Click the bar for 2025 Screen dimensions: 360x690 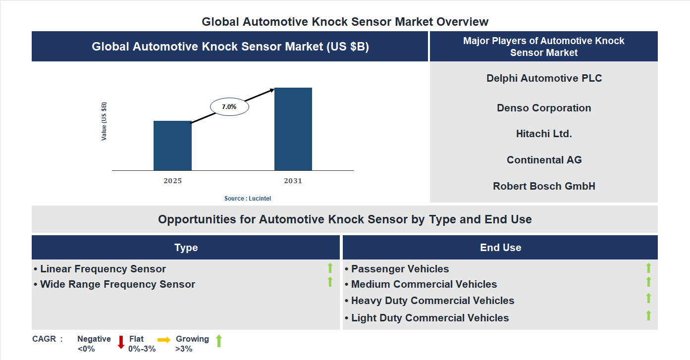(x=172, y=146)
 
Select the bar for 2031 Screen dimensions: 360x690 (x=293, y=129)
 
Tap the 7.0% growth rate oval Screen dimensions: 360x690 (x=229, y=106)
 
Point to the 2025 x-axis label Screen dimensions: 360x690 (x=173, y=181)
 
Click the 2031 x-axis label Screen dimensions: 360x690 (x=293, y=181)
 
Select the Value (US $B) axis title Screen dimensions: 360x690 (x=104, y=121)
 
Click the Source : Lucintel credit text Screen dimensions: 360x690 (x=248, y=199)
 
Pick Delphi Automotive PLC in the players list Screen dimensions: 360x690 (x=544, y=78)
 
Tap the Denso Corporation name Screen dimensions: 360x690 (x=544, y=108)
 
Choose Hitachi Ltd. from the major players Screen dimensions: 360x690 (x=544, y=134)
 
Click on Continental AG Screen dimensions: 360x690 (x=544, y=160)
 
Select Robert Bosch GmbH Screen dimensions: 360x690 (x=544, y=186)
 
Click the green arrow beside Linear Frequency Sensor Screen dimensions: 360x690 (x=330, y=268)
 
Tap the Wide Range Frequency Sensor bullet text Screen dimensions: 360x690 (x=117, y=284)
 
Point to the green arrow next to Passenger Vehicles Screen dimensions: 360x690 (x=648, y=268)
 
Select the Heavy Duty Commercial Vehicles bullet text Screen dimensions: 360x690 (x=432, y=301)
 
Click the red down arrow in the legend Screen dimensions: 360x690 (x=121, y=342)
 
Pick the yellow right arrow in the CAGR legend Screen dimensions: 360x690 (x=164, y=340)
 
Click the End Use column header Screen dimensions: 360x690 (x=500, y=248)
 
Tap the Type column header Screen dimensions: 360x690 (x=186, y=248)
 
